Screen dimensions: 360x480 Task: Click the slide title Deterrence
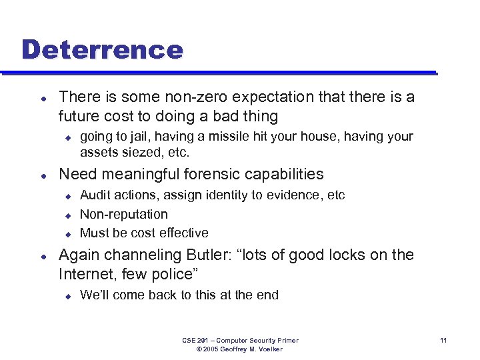[x=102, y=49]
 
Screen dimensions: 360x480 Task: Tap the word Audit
[x=96, y=195]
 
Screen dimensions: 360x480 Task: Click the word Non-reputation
[x=124, y=214]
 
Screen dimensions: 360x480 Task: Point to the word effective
[x=183, y=233]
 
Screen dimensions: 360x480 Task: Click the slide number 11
[x=443, y=341]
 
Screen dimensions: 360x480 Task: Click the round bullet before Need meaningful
[x=43, y=175]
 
